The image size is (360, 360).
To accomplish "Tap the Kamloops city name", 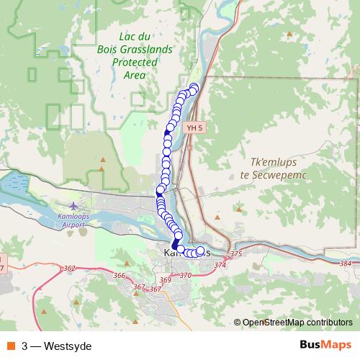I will click(187, 253).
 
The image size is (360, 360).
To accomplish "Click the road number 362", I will click(70, 268).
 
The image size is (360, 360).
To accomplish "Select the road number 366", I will click(120, 275).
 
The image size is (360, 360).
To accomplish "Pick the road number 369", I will click(166, 279).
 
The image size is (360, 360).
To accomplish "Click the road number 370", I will click(186, 275).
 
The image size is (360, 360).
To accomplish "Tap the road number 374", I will click(220, 265).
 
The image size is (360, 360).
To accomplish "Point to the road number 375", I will click(236, 254).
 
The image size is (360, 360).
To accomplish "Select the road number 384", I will click(346, 264).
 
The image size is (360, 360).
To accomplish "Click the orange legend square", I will click(12, 346).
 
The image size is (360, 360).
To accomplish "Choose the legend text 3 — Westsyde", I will click(56, 346).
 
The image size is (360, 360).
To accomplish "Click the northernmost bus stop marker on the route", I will click(193, 88).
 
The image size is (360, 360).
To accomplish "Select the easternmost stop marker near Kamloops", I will click(200, 251).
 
